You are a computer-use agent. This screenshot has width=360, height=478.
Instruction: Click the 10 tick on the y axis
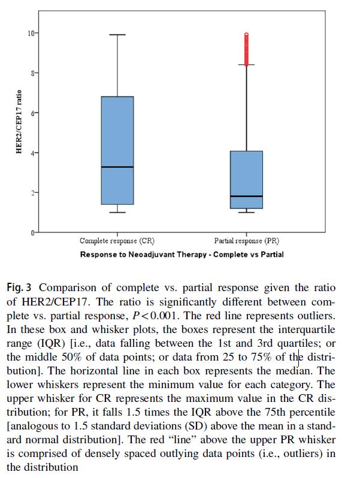pyautogui.click(x=32, y=32)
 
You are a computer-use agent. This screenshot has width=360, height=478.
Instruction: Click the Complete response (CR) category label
pyautogui.click(x=117, y=241)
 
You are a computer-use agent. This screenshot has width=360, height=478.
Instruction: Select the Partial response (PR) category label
pyautogui.click(x=246, y=241)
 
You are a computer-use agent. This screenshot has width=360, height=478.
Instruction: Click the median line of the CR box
pyautogui.click(x=117, y=167)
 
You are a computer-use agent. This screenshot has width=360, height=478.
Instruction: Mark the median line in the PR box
pyautogui.click(x=246, y=196)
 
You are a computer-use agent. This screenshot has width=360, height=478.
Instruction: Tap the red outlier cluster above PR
pyautogui.click(x=246, y=48)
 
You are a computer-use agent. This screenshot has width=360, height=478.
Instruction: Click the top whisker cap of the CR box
pyautogui.click(x=117, y=35)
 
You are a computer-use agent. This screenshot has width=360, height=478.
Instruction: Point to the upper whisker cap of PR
pyautogui.click(x=246, y=64)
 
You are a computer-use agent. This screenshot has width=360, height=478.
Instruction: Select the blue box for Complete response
pyautogui.click(x=117, y=132)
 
